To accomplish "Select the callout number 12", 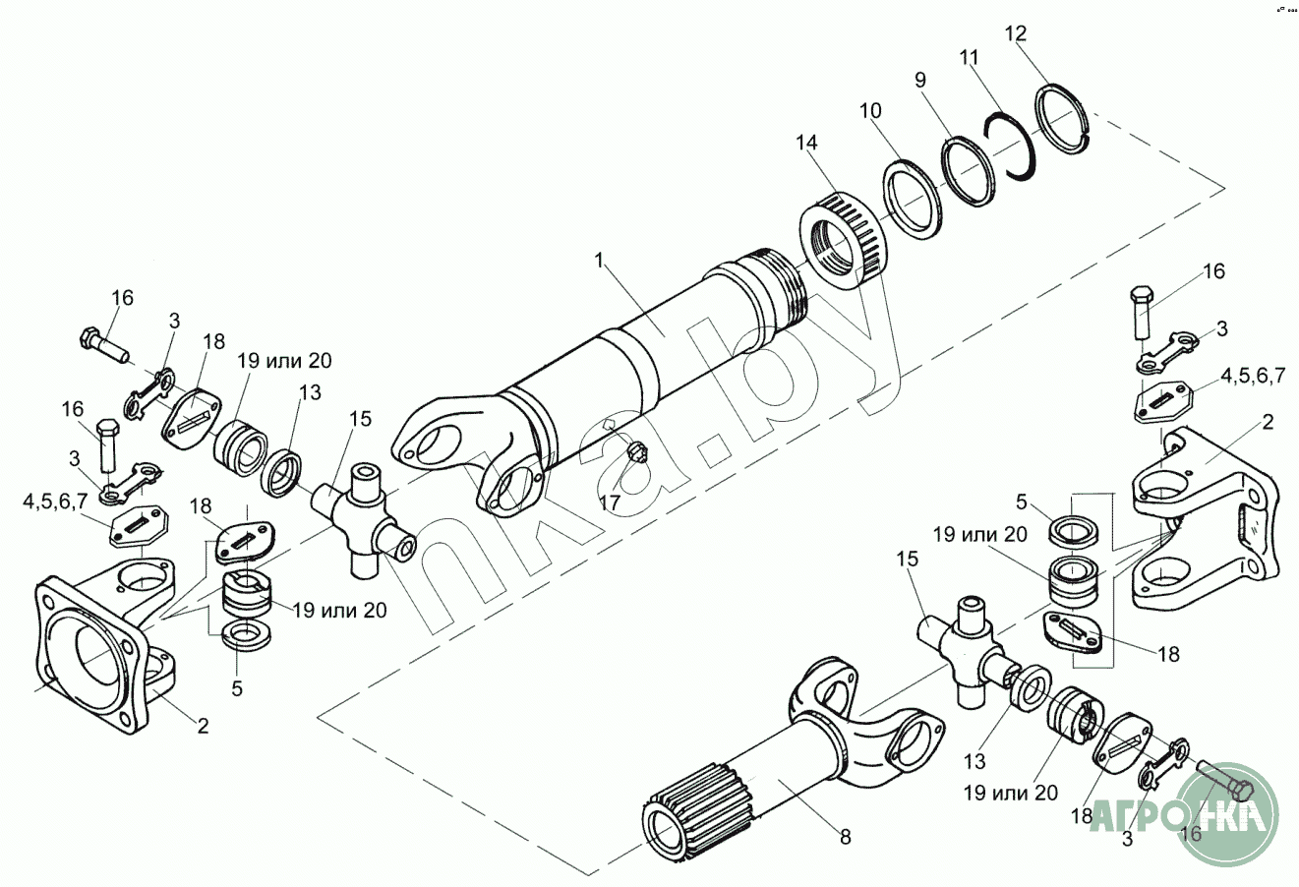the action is (x=1016, y=33).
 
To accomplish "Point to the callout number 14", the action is (x=806, y=144).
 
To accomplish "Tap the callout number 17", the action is (x=610, y=503).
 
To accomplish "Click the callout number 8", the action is (x=845, y=837).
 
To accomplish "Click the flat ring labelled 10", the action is (x=912, y=201).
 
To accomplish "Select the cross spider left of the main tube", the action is (x=362, y=522).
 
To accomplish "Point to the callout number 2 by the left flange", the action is (x=203, y=727).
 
